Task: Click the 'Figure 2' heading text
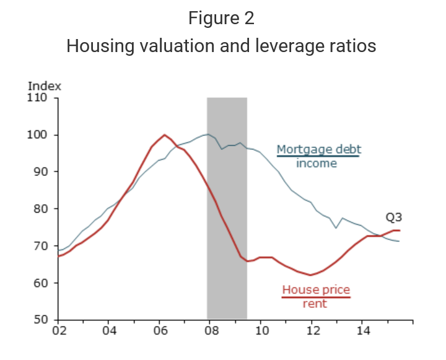[x=221, y=19]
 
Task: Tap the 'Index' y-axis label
[x=44, y=87]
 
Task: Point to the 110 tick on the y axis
[x=39, y=97]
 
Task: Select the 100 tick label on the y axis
[x=39, y=134]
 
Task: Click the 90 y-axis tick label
[x=42, y=172]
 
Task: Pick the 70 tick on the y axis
[x=42, y=246]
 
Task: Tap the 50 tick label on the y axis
[x=42, y=320]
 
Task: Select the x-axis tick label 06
[x=159, y=331]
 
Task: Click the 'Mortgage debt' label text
[x=318, y=149]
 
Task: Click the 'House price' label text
[x=316, y=290]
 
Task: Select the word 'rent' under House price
[x=315, y=304]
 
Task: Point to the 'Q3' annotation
[x=394, y=217]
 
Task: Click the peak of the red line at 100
[x=164, y=134]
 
